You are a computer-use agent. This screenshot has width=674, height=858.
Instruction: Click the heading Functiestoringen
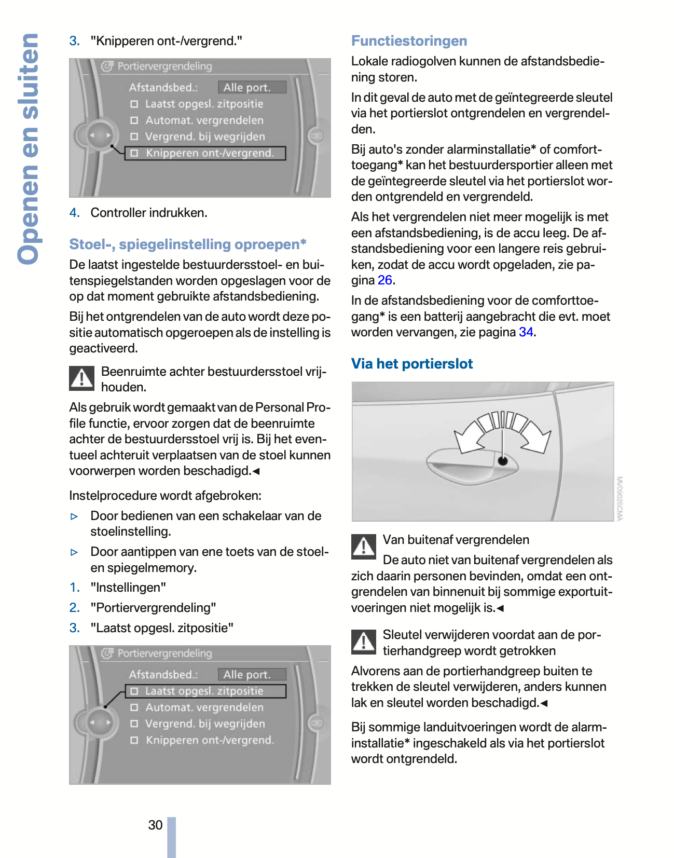[409, 41]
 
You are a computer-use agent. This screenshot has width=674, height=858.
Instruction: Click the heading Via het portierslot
[411, 364]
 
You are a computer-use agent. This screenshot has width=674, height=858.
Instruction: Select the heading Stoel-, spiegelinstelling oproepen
[187, 244]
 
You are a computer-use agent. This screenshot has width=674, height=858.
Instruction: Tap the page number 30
[155, 825]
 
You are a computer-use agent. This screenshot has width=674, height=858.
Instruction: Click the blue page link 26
[384, 280]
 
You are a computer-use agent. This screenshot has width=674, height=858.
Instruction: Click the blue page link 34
[526, 332]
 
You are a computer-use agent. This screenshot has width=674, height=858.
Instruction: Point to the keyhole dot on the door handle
[502, 460]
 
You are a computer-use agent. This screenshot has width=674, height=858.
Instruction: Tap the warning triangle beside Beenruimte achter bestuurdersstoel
[82, 378]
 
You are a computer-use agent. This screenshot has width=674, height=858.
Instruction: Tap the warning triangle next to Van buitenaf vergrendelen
[364, 547]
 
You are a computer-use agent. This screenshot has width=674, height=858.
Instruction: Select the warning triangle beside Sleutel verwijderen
[364, 642]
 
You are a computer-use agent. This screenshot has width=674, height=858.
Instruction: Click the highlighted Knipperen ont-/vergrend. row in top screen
[205, 153]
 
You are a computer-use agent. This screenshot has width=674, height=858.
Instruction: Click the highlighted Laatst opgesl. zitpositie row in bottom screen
[205, 691]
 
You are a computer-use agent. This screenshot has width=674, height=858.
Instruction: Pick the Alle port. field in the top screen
[252, 87]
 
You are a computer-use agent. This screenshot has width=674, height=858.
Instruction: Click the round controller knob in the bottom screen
[99, 722]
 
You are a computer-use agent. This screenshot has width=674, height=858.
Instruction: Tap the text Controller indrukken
[148, 213]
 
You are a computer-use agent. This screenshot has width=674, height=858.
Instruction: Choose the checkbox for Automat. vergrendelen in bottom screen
[134, 707]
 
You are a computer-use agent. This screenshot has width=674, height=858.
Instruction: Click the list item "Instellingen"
[128, 588]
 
